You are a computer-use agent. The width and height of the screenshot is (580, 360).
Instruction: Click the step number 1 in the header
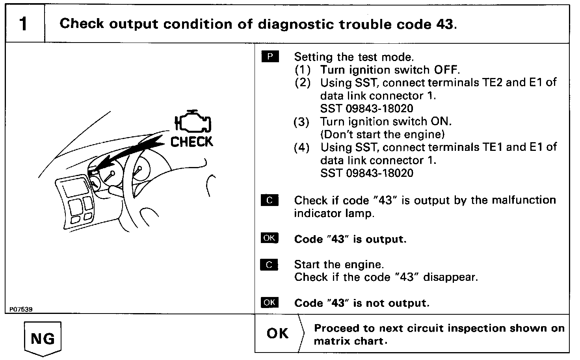(x=24, y=24)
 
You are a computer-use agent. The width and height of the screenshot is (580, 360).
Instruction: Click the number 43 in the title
(x=445, y=24)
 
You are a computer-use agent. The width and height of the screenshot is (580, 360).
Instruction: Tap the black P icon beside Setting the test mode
(x=270, y=57)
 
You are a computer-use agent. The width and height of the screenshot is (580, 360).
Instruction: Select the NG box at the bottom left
(x=43, y=338)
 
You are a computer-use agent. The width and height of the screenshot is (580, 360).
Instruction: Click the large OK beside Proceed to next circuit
(x=278, y=334)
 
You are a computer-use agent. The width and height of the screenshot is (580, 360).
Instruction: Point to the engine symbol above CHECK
(x=193, y=121)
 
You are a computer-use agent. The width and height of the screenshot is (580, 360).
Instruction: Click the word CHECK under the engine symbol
(x=192, y=142)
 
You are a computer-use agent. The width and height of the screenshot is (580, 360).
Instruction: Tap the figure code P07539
(x=19, y=310)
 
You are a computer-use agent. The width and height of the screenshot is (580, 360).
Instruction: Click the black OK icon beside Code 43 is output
(x=270, y=238)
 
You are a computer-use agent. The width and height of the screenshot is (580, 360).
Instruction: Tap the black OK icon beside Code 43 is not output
(x=270, y=302)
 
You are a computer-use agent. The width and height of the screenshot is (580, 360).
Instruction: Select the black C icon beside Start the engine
(x=270, y=265)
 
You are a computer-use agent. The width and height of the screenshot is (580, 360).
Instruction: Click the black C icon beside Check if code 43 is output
(x=270, y=200)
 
